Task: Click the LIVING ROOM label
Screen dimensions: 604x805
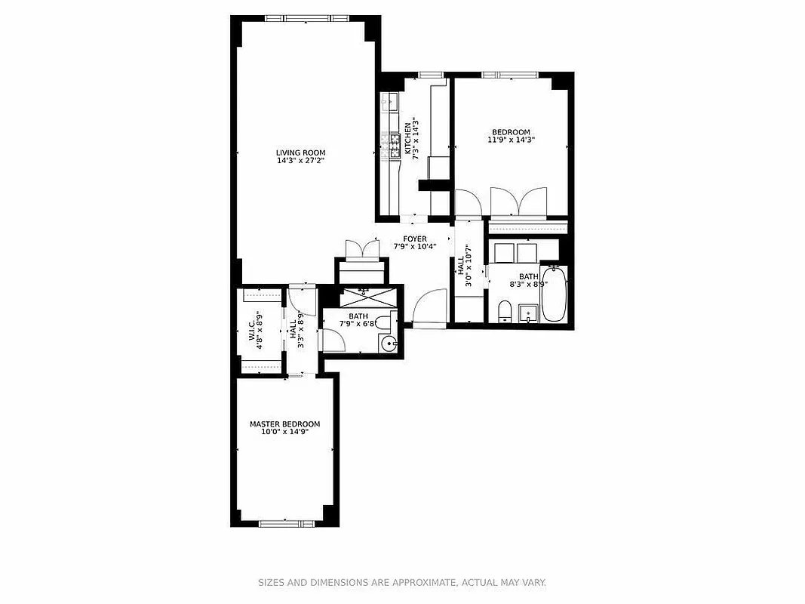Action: point(300,153)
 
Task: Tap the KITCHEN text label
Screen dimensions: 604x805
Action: point(407,138)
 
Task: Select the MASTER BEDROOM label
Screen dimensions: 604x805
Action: point(284,424)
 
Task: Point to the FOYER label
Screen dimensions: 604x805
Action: point(415,239)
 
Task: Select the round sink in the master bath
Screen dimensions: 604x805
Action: point(389,344)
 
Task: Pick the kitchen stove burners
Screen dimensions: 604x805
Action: point(391,145)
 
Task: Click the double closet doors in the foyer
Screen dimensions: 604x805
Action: point(362,250)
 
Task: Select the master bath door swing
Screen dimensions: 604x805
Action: point(333,341)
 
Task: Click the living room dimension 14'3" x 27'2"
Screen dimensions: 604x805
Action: point(300,161)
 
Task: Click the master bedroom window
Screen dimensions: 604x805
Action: point(284,522)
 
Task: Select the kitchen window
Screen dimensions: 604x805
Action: point(430,74)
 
